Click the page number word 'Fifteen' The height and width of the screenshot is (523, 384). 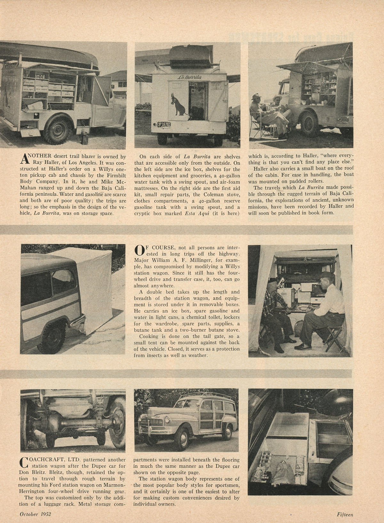(345, 514)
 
